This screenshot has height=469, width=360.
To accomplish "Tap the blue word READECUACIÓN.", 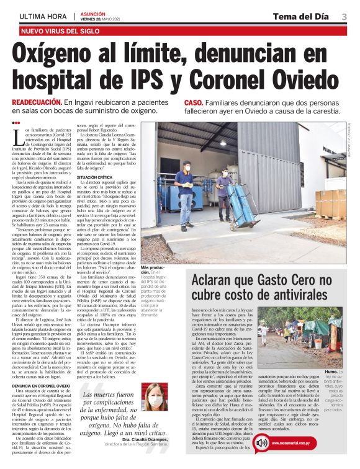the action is (x=38, y=102).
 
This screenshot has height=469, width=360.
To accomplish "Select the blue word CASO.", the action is (x=194, y=102).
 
